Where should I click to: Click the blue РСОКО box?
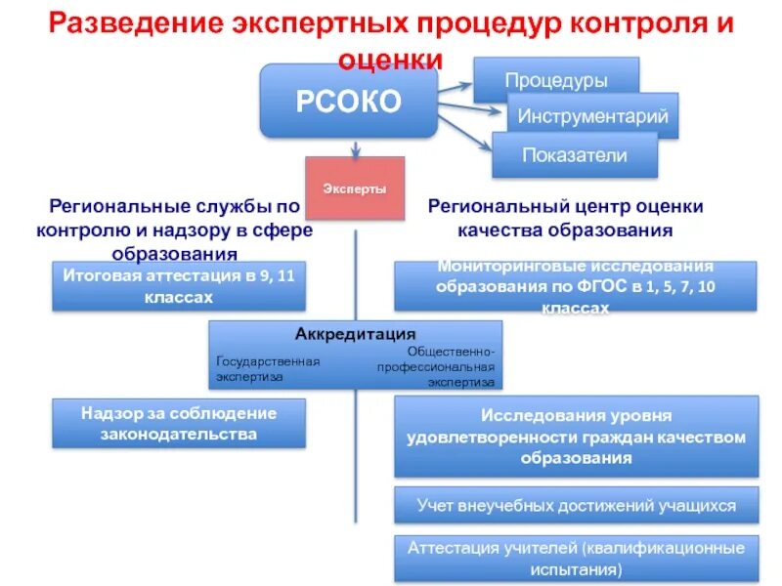click(x=347, y=102)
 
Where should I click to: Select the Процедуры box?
click(x=556, y=80)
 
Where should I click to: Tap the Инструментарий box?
click(x=592, y=116)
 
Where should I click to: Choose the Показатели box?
click(x=574, y=154)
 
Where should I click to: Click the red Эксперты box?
click(x=355, y=188)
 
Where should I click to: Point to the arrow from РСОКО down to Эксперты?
click(x=355, y=146)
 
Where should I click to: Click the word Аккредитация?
click(x=355, y=333)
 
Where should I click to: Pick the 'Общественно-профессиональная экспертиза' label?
click(x=441, y=366)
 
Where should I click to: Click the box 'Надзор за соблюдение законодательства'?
click(x=178, y=423)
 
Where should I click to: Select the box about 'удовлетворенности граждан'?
click(x=576, y=437)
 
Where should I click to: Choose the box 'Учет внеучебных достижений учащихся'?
click(x=576, y=506)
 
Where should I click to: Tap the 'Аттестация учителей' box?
click(x=576, y=557)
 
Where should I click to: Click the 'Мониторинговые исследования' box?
click(x=576, y=286)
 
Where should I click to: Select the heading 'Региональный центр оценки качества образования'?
click(x=566, y=218)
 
